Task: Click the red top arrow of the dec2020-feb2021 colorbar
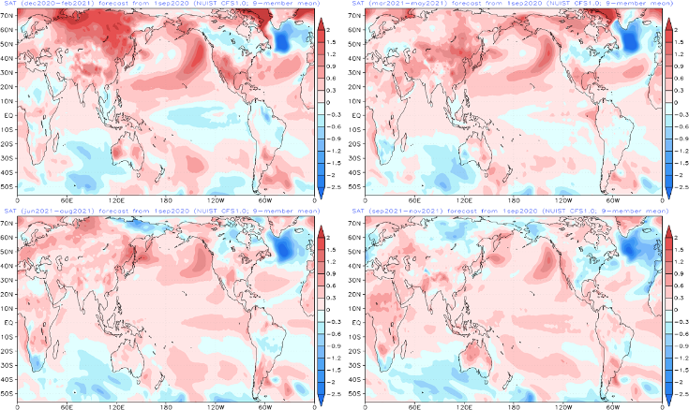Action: tap(322, 23)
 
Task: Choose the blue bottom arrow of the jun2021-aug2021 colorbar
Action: tap(322, 400)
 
